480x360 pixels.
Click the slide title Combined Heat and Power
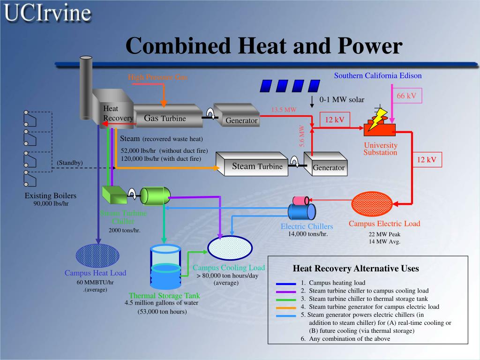pyautogui.click(x=264, y=46)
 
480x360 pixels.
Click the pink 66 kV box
pyautogui.click(x=406, y=96)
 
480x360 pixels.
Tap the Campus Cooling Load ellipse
pyautogui.click(x=230, y=247)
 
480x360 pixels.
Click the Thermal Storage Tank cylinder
pyautogui.click(x=165, y=267)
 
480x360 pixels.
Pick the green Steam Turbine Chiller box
pyautogui.click(x=112, y=195)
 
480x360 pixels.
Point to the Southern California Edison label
pyautogui.click(x=378, y=75)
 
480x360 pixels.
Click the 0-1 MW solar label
pyautogui.click(x=342, y=100)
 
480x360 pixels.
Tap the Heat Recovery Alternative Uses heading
pyautogui.click(x=356, y=269)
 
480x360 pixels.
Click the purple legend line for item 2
pyautogui.click(x=285, y=291)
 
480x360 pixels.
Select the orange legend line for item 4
pyautogui.click(x=285, y=307)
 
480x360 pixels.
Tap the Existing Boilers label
pyautogui.click(x=51, y=195)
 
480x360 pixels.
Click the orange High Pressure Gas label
pyautogui.click(x=157, y=77)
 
